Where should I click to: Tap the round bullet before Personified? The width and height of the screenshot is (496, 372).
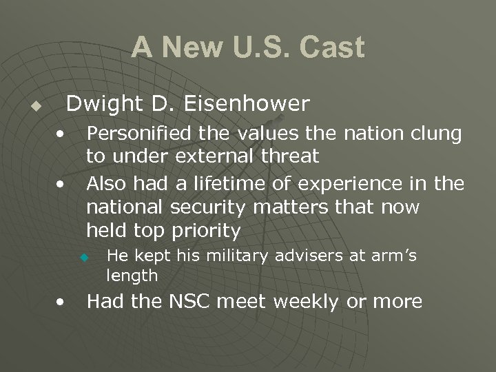pos(62,132)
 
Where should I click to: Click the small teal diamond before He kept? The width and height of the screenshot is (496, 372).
pos(83,258)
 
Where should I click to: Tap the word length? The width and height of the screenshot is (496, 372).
pos(132,276)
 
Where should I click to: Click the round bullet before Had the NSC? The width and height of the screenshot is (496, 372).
pos(62,301)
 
